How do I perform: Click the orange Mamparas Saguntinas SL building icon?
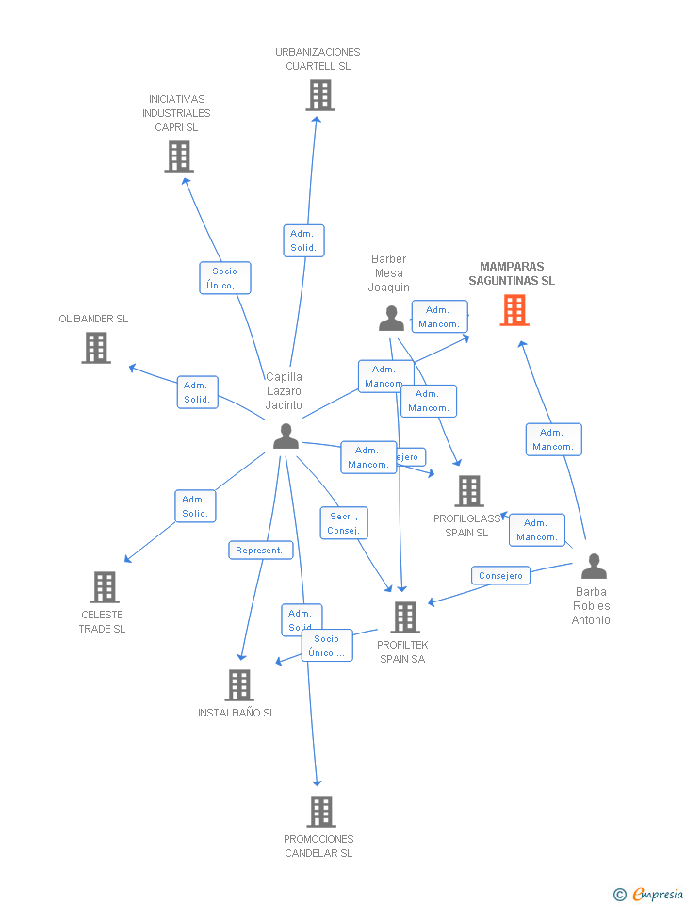(514, 310)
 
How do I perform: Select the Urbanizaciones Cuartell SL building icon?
(320, 94)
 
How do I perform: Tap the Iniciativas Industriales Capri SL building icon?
(179, 156)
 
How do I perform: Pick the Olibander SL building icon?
(95, 348)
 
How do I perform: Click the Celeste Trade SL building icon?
(104, 587)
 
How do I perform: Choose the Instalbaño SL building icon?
(239, 685)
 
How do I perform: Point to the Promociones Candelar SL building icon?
(320, 812)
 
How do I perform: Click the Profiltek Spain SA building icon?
(404, 617)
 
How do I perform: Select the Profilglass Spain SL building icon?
(468, 491)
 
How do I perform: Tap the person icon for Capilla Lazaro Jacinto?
(286, 436)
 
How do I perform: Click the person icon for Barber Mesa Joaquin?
(391, 319)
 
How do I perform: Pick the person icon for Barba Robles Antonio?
(594, 566)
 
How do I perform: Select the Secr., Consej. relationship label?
(344, 523)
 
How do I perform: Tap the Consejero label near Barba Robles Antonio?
(500, 575)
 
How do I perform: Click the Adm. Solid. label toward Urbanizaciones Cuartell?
(303, 240)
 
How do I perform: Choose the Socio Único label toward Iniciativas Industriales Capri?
(225, 278)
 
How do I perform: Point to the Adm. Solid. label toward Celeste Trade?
(195, 506)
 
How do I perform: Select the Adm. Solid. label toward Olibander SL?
(197, 392)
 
